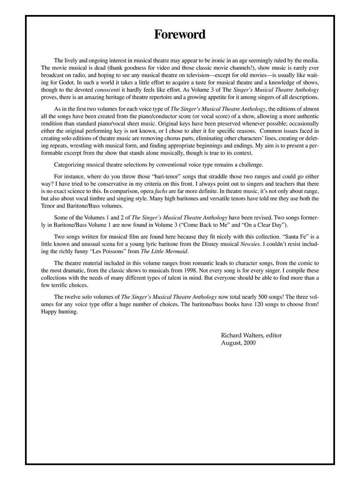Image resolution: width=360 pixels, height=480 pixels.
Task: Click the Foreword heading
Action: [x=180, y=34]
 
